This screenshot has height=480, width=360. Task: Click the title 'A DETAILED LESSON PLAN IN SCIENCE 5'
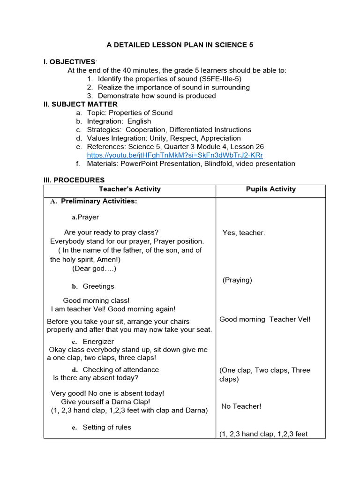point(180,45)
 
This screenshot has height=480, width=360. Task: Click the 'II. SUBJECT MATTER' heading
point(80,104)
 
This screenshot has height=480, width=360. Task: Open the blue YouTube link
point(175,155)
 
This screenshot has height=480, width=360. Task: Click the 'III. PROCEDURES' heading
point(74,180)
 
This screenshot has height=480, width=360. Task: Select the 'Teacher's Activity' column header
point(129,189)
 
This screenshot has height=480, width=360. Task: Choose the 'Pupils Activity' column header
point(271,189)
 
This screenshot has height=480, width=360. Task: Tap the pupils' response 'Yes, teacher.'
point(244,232)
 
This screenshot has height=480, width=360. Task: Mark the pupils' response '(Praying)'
point(237,280)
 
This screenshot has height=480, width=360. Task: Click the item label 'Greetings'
point(98,286)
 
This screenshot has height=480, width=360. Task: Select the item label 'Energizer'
point(98,341)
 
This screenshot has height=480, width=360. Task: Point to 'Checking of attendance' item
point(120,369)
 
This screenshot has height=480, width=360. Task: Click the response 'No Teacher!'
point(241,406)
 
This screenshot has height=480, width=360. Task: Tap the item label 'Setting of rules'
point(107,427)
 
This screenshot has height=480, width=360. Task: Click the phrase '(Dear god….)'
point(94,268)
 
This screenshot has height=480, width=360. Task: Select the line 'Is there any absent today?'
point(96,377)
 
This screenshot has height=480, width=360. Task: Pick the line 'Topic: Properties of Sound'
point(129,112)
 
